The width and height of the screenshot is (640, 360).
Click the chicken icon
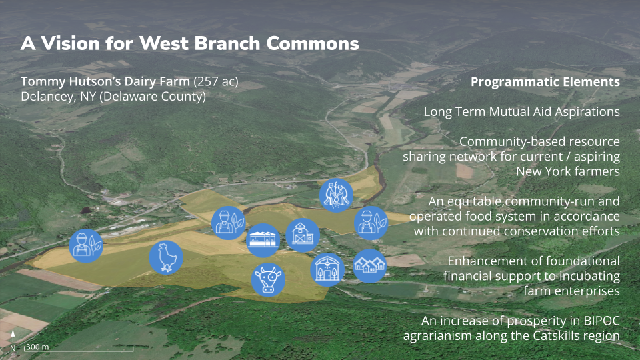point(165,257)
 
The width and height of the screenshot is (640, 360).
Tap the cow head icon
point(268,279)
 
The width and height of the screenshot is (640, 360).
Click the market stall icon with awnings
point(263,240)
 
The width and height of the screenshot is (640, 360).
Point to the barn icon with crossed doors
point(302,234)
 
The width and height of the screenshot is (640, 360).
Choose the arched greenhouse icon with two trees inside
point(327,269)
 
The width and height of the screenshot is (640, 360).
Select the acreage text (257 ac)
point(216,82)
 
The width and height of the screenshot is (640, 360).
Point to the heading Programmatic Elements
point(545,82)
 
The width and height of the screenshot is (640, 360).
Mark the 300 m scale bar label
point(38,347)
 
